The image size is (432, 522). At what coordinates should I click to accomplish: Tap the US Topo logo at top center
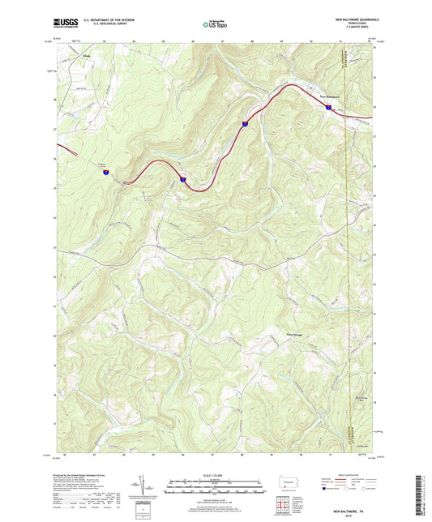[x=214, y=24]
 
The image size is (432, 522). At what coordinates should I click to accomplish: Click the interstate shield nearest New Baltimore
[x=329, y=106]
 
